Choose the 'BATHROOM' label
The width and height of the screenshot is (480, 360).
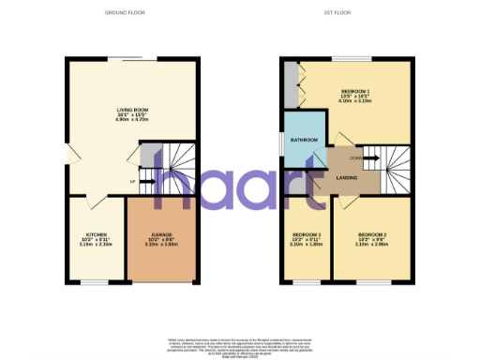click(x=304, y=140)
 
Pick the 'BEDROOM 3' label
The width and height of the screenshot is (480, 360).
click(x=307, y=233)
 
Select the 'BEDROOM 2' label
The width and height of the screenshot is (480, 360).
click(x=372, y=233)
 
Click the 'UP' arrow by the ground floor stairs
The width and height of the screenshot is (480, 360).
click(x=132, y=181)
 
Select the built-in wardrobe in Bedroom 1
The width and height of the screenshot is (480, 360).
click(x=292, y=86)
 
